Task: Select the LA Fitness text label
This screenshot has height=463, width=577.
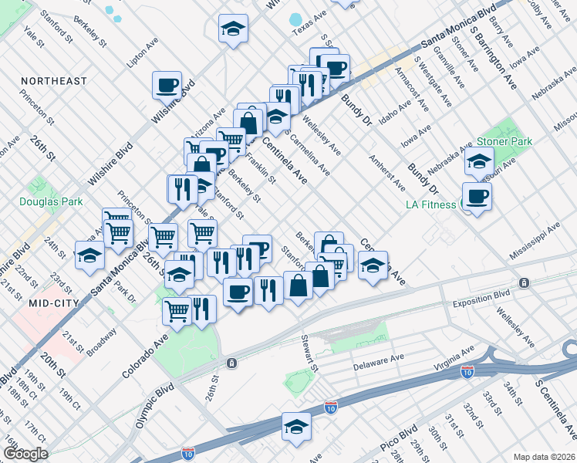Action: (x=430, y=204)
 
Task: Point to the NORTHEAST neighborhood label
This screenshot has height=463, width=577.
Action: (x=54, y=81)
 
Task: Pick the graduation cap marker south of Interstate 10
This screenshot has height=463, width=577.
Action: (x=296, y=427)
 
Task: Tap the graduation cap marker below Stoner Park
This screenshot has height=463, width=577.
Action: (x=479, y=163)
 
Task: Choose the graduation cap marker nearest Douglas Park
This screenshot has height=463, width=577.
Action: (x=90, y=255)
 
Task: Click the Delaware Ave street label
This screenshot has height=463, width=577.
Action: (x=379, y=361)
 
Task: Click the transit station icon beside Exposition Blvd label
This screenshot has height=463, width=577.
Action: (x=525, y=283)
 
